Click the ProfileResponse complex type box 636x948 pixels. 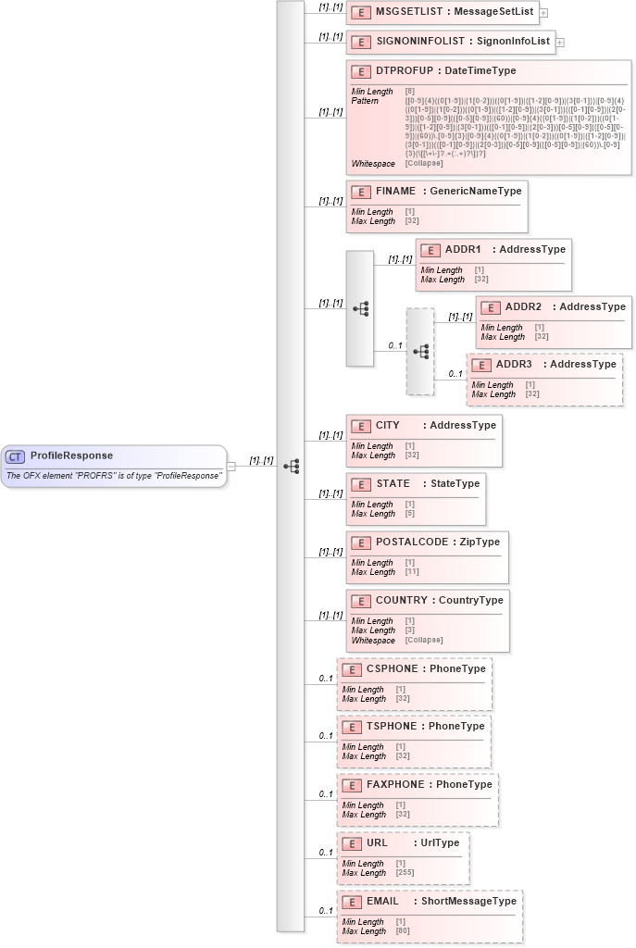tap(114, 466)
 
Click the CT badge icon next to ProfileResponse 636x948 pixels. tap(16, 456)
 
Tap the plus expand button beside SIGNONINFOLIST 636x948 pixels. tap(560, 42)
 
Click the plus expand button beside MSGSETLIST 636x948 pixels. tap(543, 13)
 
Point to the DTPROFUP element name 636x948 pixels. tap(404, 71)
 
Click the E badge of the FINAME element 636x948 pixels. tap(361, 192)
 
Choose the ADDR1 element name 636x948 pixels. tap(463, 250)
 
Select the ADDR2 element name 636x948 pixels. tap(523, 307)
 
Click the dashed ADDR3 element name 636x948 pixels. tap(514, 365)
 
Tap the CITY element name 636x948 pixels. tap(388, 426)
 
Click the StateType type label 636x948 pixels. tap(455, 484)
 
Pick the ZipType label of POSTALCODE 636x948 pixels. tap(480, 543)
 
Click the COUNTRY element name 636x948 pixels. tap(401, 601)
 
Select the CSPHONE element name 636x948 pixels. tap(391, 668)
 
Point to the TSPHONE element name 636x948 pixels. tap(391, 727)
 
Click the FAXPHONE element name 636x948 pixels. tap(394, 785)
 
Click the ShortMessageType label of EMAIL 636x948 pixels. tap(468, 902)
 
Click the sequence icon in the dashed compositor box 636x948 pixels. tap(420, 352)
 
